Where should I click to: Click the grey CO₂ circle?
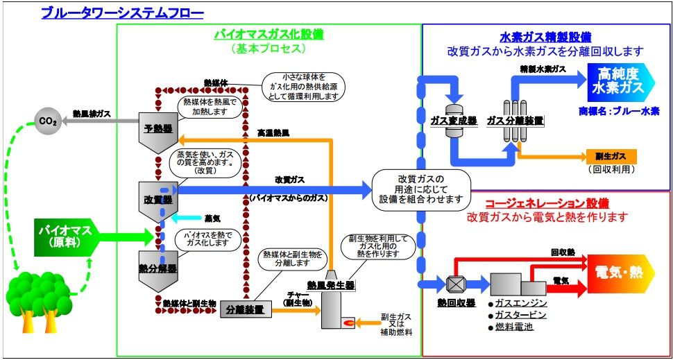coord(48,121)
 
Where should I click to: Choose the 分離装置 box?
coord(246,310)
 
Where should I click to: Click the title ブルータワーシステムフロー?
coord(122,12)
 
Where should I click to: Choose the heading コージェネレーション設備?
coord(547,203)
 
